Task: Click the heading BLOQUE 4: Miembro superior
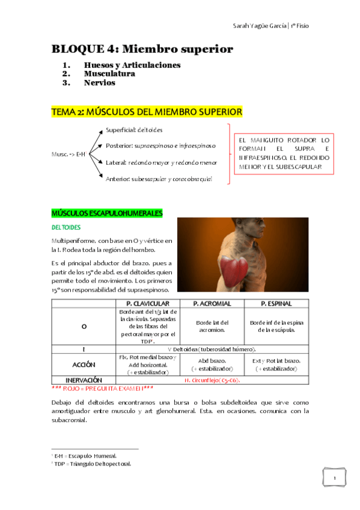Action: (x=142, y=49)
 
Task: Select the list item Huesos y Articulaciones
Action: (x=132, y=65)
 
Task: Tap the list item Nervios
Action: (x=99, y=83)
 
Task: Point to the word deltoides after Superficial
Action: (x=150, y=130)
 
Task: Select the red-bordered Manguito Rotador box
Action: (x=284, y=153)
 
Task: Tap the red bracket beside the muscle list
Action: (x=228, y=154)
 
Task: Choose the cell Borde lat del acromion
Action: (x=211, y=326)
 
